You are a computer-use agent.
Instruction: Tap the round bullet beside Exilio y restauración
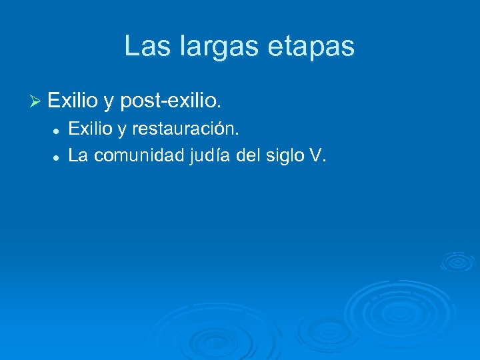pyautogui.click(x=58, y=129)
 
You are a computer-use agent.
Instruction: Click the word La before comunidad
pyautogui.click(x=79, y=155)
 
